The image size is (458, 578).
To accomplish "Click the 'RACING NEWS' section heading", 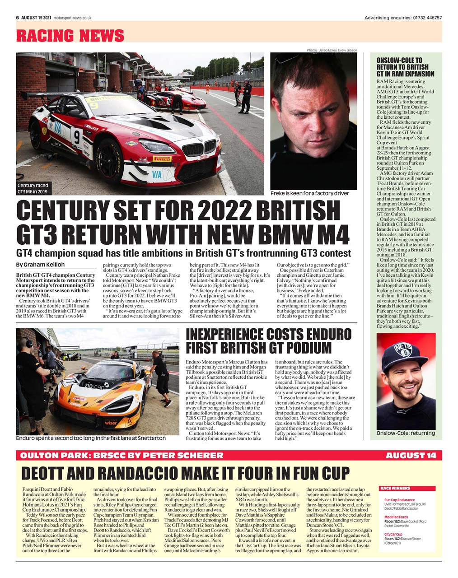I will [x=70, y=35].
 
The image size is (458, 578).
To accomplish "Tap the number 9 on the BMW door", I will [x=76, y=135].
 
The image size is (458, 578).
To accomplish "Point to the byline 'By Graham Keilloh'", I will [x=40, y=265].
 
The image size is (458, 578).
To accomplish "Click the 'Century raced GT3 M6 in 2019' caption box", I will [x=33, y=188].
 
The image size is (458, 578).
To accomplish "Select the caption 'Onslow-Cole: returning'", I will [x=406, y=433].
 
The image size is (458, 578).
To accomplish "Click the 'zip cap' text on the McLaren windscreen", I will [x=94, y=386].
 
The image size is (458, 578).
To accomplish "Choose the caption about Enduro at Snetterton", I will [x=90, y=438].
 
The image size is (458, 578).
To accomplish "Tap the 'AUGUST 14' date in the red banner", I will [x=411, y=455].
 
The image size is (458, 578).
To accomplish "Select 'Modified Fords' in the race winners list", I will [x=396, y=517].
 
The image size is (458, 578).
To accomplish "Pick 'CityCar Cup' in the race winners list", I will [x=393, y=534].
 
